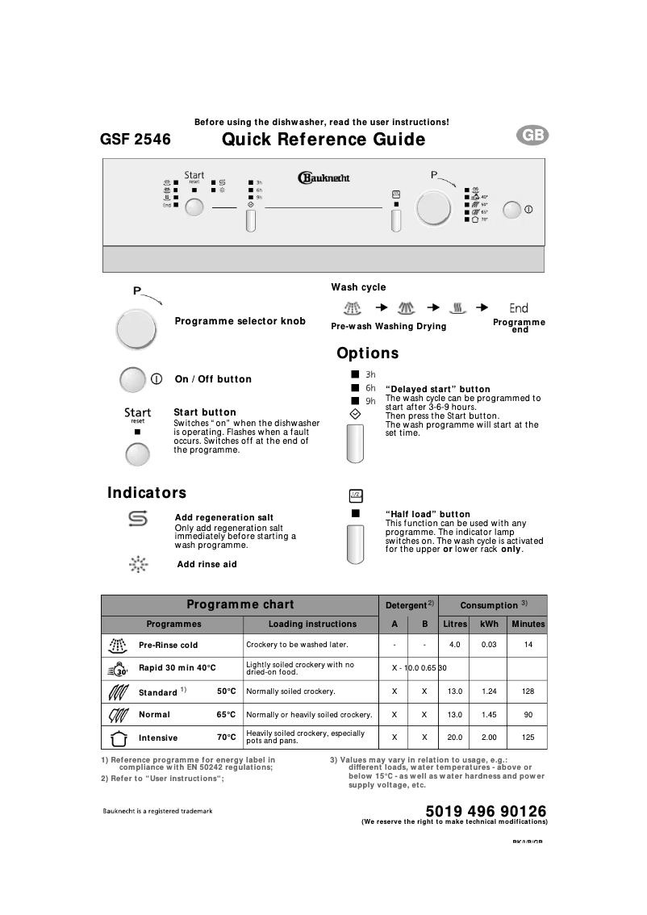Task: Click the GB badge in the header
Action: (532, 136)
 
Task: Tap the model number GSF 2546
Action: (136, 140)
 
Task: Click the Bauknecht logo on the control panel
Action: (323, 178)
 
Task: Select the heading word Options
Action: (368, 353)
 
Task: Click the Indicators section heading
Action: (147, 493)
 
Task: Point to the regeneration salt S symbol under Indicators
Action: (138, 519)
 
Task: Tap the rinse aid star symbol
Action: (138, 564)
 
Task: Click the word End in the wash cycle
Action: (519, 308)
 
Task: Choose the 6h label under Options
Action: (370, 388)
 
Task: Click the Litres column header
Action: (455, 624)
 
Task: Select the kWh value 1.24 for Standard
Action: (489, 691)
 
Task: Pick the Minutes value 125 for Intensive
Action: (528, 737)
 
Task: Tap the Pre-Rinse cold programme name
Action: (168, 646)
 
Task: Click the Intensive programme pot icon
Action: (118, 737)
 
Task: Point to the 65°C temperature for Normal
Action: (226, 715)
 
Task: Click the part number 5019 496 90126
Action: (485, 811)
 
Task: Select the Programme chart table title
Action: (240, 604)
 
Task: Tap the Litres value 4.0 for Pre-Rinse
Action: (455, 646)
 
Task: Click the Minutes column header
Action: (528, 624)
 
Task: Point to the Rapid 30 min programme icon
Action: (118, 668)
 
